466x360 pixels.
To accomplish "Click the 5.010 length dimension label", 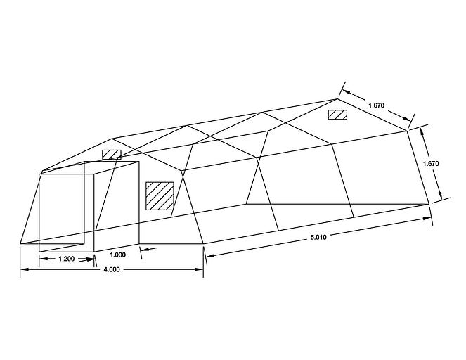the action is (x=318, y=237).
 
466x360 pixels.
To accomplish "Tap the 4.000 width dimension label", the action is (x=112, y=269).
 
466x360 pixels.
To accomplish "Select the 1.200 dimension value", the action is (x=67, y=259).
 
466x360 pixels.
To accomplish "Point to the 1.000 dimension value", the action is (x=117, y=255).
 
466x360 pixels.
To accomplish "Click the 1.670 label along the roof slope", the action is (x=377, y=105).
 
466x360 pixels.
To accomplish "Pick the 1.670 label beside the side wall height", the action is (x=431, y=164).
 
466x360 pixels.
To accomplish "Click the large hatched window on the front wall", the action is (x=160, y=196).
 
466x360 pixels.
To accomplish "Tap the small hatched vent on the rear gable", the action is (x=337, y=115).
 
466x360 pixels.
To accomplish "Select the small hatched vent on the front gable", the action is (x=112, y=155).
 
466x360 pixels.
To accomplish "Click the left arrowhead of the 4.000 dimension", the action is (x=24, y=269).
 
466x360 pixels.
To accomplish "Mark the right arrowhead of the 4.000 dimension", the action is (x=199, y=269).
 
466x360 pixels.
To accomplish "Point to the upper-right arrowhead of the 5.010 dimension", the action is (x=427, y=219).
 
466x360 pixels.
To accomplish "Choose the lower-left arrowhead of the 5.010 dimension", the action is (x=210, y=255).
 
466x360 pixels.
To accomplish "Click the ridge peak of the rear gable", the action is (x=337, y=98).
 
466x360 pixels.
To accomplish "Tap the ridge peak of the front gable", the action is (x=112, y=139).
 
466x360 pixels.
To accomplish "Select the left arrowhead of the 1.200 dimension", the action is (x=44, y=259).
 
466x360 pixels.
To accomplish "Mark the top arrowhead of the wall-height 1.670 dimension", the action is (x=422, y=131).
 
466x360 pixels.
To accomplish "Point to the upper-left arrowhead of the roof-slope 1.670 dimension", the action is (x=346, y=92).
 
